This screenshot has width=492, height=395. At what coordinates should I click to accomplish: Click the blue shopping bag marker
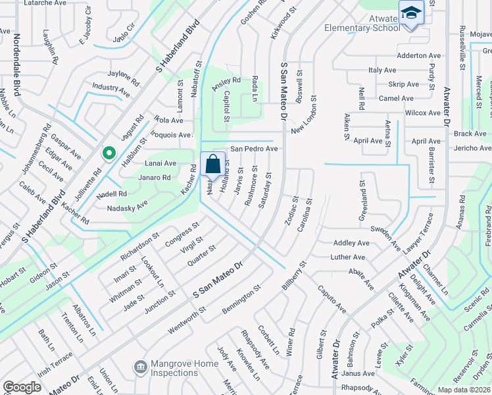coord(213,165)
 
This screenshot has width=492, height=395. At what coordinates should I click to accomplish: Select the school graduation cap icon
coord(410,14)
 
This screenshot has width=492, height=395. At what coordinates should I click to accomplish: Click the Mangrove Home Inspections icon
coord(139,366)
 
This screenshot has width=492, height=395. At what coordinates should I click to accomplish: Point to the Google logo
coord(22,387)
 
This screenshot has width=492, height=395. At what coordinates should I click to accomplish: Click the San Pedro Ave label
coord(253,149)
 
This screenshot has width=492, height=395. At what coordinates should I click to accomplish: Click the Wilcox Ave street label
coord(422,113)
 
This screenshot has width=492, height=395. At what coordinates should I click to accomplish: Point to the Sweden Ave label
coord(385,238)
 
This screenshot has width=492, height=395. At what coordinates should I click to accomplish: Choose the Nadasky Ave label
coord(128,208)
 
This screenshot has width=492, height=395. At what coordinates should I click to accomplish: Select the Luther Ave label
coord(347,257)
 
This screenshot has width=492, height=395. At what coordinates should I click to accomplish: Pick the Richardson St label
coord(139,243)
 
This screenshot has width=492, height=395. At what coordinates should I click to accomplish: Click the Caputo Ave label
coord(332,298)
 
